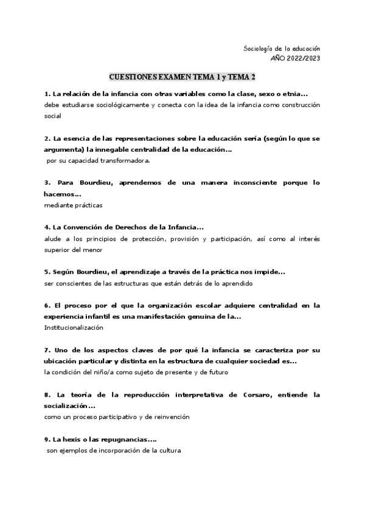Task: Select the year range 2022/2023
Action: (x=302, y=58)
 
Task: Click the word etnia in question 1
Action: (x=294, y=94)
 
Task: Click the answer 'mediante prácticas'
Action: (x=73, y=205)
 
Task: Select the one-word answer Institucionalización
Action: (x=74, y=327)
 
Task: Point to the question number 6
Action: (x=47, y=305)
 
